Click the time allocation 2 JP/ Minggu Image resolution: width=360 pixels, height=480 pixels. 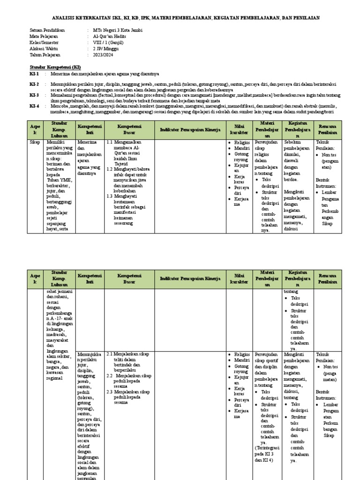pos(106,49)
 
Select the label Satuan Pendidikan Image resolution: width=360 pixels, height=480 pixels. pos(47,30)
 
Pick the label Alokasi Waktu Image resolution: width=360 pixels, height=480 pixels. pos(44,49)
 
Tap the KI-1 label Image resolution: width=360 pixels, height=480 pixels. pos(34,74)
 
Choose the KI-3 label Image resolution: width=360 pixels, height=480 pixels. pos(34,95)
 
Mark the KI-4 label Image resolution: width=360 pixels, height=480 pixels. pos(34,106)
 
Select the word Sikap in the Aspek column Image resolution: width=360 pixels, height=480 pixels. pos(35,142)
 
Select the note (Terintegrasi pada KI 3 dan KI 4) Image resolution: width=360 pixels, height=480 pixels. pos(266,453)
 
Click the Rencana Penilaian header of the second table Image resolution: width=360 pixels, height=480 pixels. pos(328,279)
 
